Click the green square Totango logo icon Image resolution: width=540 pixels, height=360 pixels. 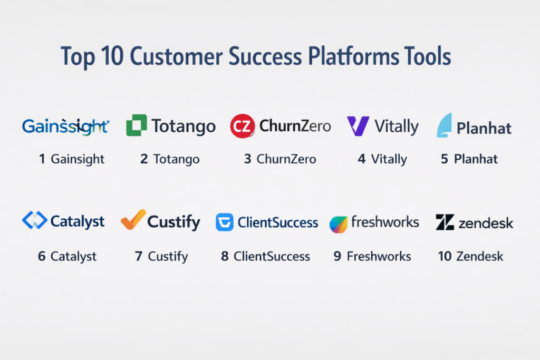(x=137, y=125)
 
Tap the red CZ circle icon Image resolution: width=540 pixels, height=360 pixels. (x=243, y=126)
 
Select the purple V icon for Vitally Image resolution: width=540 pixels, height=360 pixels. (x=358, y=126)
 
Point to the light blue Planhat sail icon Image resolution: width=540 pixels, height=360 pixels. (x=444, y=125)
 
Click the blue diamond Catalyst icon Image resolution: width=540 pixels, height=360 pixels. (x=35, y=220)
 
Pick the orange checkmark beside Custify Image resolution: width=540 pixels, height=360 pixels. (x=133, y=219)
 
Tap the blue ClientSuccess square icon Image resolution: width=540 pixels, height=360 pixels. (x=225, y=222)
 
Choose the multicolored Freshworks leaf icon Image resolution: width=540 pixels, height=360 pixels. (x=338, y=225)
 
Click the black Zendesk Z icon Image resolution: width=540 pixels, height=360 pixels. (x=445, y=222)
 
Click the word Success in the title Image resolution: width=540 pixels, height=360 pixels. (x=265, y=56)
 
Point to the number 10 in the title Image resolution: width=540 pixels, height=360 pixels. (x=112, y=56)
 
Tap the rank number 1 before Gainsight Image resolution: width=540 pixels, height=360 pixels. (x=42, y=159)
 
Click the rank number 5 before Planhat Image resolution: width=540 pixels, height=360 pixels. (x=445, y=159)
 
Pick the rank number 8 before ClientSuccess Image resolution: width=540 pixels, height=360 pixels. (x=225, y=256)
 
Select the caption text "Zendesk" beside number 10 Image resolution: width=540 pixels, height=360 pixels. (x=480, y=256)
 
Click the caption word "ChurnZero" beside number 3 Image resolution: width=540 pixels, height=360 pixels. (x=286, y=159)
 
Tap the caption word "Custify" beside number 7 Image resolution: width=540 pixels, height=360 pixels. (x=168, y=257)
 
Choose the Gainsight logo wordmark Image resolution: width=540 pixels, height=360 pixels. (x=66, y=127)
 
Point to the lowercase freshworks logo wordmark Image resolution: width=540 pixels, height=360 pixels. (x=385, y=222)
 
